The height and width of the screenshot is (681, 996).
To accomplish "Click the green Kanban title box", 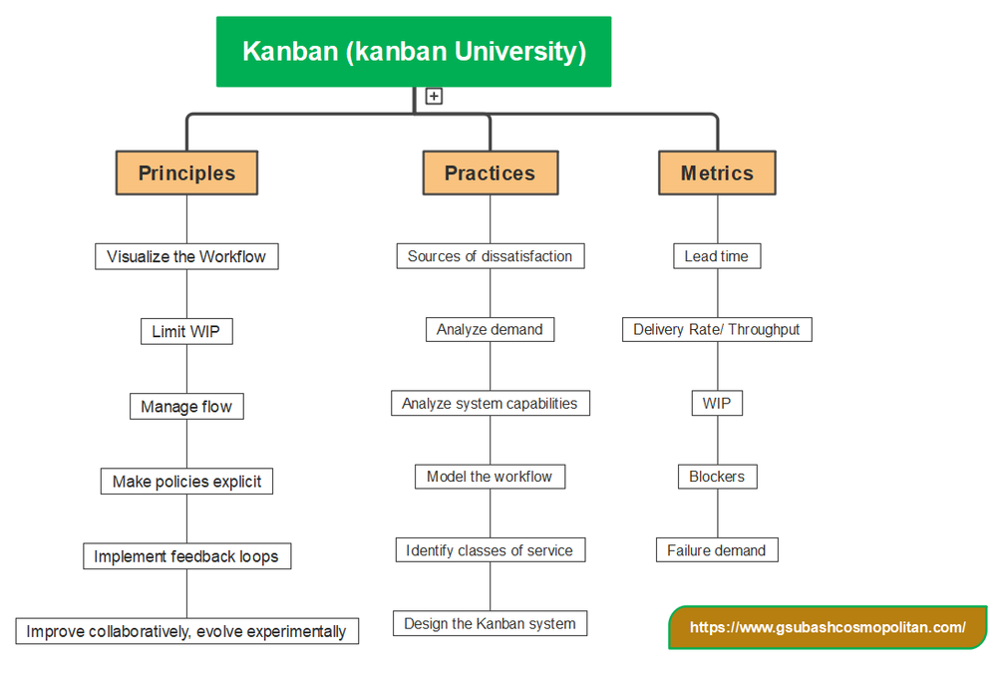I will click(x=414, y=51).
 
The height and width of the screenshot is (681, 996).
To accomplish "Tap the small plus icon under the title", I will click(x=434, y=97).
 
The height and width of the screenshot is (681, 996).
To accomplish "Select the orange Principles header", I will click(x=186, y=172).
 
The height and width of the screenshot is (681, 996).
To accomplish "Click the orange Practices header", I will click(x=490, y=172).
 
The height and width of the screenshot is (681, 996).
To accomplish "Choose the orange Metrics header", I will click(x=717, y=172).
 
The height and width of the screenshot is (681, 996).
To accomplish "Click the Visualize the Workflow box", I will click(x=186, y=256).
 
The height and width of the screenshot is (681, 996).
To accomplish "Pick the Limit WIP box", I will click(x=186, y=331).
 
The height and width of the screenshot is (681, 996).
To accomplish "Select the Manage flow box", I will click(x=186, y=406).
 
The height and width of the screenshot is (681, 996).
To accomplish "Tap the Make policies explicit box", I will click(x=186, y=482).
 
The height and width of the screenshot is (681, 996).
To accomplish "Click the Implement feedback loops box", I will click(x=186, y=556).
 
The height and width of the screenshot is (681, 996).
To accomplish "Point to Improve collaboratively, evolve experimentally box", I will click(x=186, y=631).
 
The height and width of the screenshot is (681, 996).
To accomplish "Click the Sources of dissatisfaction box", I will click(x=490, y=256).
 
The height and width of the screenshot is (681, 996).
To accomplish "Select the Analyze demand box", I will click(x=490, y=329).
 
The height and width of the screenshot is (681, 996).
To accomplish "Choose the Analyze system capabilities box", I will click(x=490, y=404).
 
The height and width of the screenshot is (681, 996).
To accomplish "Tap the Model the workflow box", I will click(x=490, y=477).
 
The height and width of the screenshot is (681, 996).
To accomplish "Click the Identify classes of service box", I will click(x=490, y=550).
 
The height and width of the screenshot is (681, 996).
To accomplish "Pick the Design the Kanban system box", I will click(x=490, y=624).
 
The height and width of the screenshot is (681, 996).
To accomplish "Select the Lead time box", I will click(x=717, y=256).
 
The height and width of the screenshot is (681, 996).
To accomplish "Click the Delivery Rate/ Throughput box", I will click(x=717, y=329).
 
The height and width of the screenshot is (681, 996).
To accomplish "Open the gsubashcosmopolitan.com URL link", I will click(x=828, y=628).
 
